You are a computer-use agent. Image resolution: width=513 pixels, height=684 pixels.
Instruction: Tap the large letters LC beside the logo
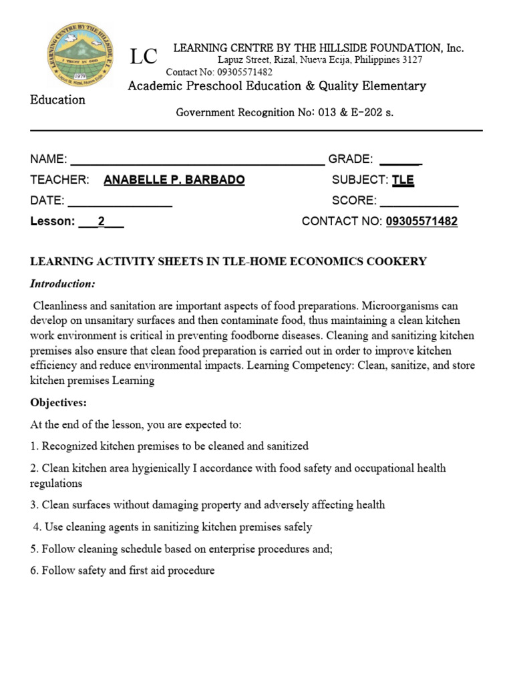143,58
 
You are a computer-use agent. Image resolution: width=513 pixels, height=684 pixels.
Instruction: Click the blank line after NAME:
197,160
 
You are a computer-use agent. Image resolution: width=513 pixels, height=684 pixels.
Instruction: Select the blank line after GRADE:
400,160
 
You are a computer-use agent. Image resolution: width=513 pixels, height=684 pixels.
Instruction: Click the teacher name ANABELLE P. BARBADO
174,180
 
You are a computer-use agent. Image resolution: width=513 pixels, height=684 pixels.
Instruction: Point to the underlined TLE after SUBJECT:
403,180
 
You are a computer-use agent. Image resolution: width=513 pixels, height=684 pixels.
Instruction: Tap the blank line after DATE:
120,202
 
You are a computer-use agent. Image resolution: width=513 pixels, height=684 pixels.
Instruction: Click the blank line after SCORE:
419,202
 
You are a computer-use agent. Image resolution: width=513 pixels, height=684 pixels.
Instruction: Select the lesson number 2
102,222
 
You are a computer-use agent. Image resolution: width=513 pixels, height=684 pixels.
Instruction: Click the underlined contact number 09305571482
421,222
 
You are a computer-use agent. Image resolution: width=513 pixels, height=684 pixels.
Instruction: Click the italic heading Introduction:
63,284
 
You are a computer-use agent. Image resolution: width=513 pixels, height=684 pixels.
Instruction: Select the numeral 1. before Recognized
34,446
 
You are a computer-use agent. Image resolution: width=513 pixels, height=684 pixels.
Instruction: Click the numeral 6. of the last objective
34,571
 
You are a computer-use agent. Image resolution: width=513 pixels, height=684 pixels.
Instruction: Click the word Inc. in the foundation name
455,48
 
